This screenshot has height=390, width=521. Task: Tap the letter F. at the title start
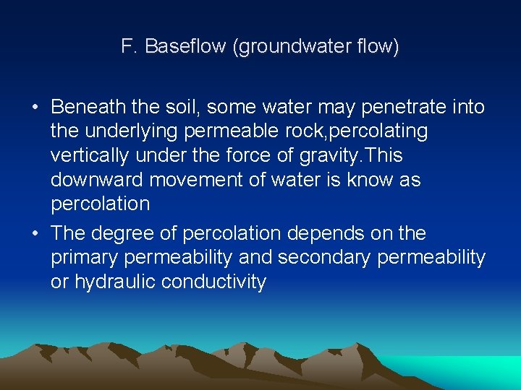tap(130, 48)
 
